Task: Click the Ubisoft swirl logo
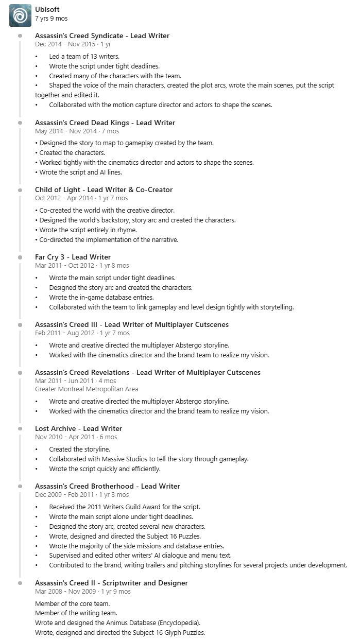click(20, 16)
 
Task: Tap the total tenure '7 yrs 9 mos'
click(51, 19)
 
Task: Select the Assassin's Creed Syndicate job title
click(102, 36)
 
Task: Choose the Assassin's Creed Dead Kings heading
click(105, 123)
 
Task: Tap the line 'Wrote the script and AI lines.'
click(80, 172)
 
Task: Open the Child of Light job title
click(104, 190)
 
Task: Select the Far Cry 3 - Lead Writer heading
click(73, 257)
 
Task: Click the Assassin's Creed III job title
click(132, 325)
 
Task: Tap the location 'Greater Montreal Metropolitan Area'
click(87, 389)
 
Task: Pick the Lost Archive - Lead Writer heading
click(78, 429)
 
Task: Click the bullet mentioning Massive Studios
click(149, 459)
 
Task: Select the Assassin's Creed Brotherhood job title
click(108, 487)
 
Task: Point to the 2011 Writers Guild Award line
click(125, 507)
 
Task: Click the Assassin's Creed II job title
click(111, 583)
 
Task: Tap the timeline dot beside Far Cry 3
click(20, 257)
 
